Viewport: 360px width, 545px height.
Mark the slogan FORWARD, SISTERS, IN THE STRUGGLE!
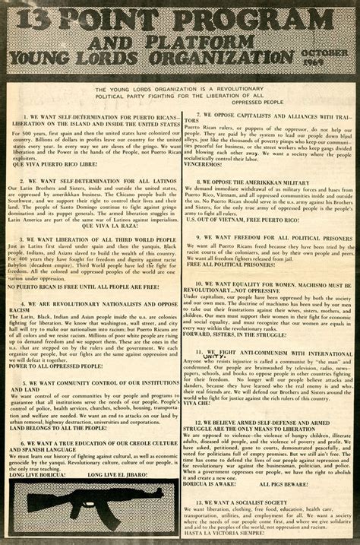click(244, 332)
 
